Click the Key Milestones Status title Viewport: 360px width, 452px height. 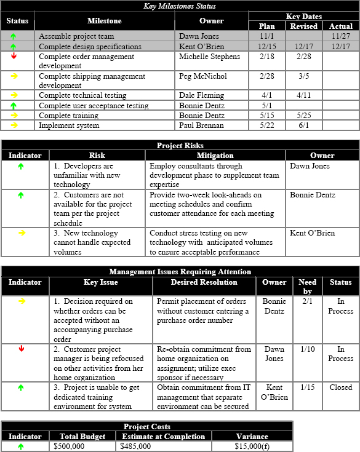pyautogui.click(x=180, y=6)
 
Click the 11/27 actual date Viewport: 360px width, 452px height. pyautogui.click(x=341, y=36)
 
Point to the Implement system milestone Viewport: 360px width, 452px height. pyautogui.click(x=69, y=125)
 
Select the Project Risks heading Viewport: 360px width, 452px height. pyautogui.click(x=180, y=146)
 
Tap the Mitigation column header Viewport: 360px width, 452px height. pyautogui.click(x=215, y=156)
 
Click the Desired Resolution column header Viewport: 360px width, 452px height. pyautogui.click(x=205, y=282)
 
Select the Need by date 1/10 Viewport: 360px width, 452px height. pyautogui.click(x=307, y=349)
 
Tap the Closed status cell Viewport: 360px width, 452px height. pyautogui.click(x=340, y=387)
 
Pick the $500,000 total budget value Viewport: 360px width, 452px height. pyautogui.click(x=69, y=446)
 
